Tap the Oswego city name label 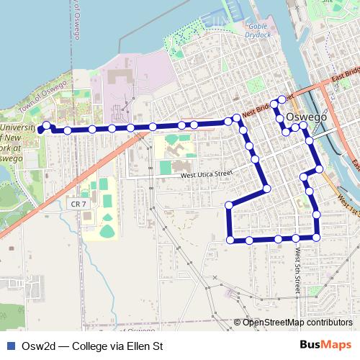tap(307, 117)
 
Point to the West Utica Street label tap(207, 174)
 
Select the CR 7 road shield tap(78, 204)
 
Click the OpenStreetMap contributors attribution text tap(297, 323)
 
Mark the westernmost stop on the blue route tap(40, 130)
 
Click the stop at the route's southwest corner tap(230, 239)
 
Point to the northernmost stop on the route tap(282, 99)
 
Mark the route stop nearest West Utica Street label tap(266, 189)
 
